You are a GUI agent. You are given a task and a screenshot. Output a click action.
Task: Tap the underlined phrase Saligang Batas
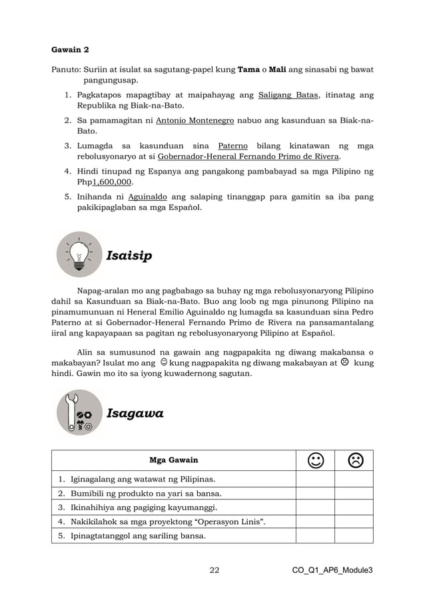point(288,94)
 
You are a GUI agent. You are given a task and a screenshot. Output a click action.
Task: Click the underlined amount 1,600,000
point(113,182)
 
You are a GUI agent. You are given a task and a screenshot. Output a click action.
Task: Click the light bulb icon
point(79,255)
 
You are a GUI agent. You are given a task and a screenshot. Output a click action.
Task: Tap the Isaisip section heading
point(129,256)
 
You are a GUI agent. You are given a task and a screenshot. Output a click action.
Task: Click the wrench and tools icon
point(79,413)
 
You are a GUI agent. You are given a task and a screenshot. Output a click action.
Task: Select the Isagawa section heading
point(135,414)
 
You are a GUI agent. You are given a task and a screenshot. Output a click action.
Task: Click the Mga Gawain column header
point(173,460)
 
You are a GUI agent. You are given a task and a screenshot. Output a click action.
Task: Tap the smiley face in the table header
point(314,460)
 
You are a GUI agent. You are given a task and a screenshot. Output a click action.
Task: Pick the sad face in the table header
point(354,460)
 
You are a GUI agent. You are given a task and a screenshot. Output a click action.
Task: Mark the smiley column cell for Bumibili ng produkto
point(314,493)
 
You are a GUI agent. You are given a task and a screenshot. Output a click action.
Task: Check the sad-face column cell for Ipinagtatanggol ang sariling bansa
point(354,535)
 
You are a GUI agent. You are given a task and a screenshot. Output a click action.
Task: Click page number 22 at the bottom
point(214,570)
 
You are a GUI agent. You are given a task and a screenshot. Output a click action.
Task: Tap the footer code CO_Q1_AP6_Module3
point(332,570)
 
